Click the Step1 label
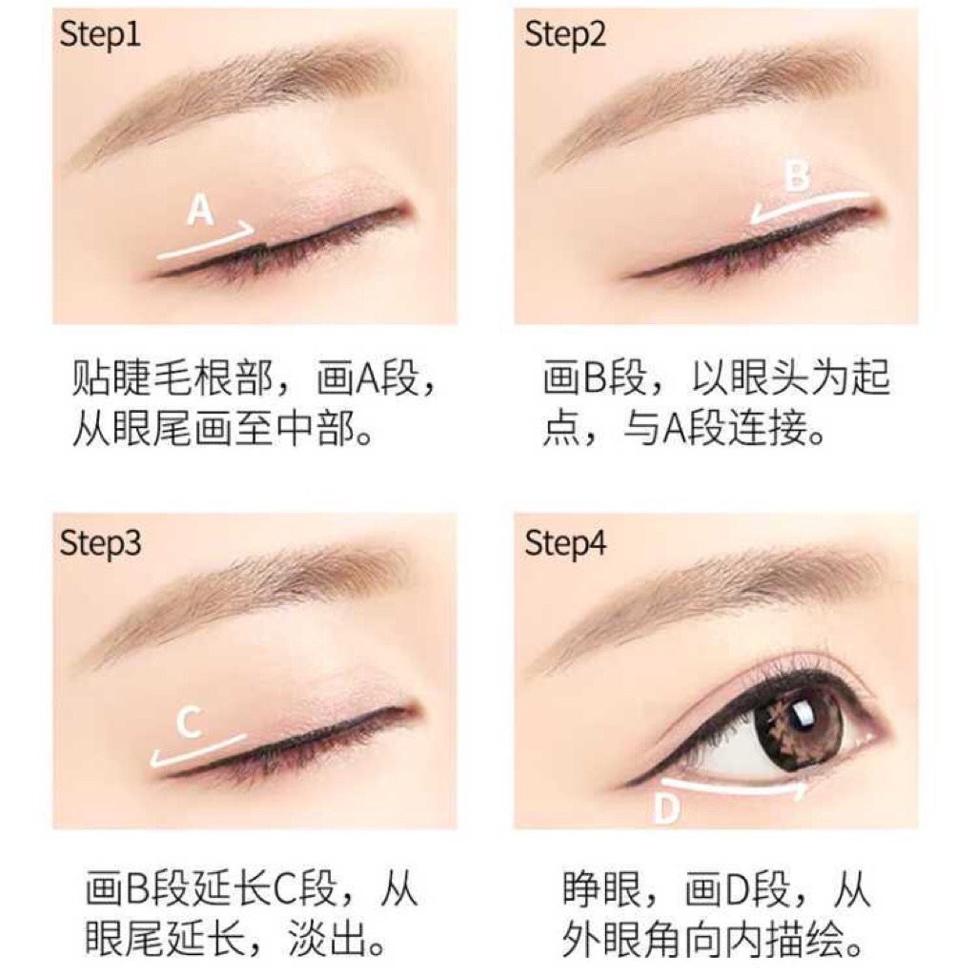point(99,35)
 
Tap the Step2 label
point(564,35)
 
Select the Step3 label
point(99,544)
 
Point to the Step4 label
point(564,544)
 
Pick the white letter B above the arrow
point(798,175)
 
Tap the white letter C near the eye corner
point(190,722)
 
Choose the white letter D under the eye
point(666,808)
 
